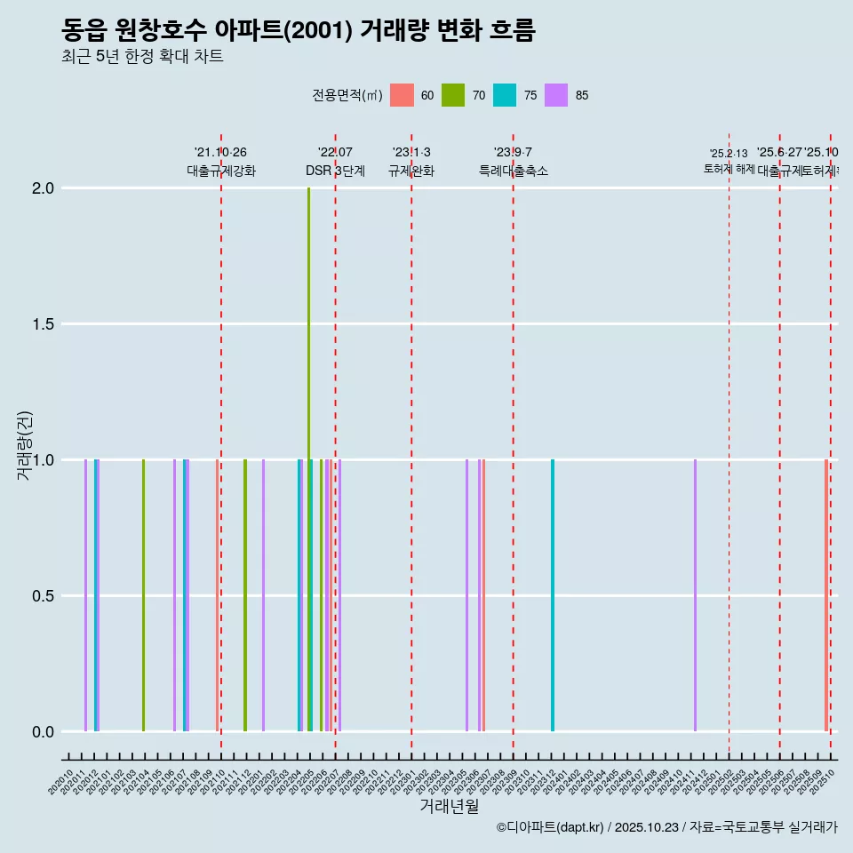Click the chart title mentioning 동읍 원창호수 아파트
tap(298, 31)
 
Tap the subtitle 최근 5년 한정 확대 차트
tap(142, 57)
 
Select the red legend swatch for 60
tap(402, 95)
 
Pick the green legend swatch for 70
tap(453, 95)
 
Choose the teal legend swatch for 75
tap(505, 95)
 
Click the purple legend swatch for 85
tap(556, 95)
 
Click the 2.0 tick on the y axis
tap(44, 188)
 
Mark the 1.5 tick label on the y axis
tap(44, 324)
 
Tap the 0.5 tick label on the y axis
tap(44, 596)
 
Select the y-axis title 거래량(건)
tap(24, 445)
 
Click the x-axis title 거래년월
tap(449, 806)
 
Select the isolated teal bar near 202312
tap(553, 595)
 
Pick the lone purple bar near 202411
tap(695, 595)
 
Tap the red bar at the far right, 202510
tap(825, 595)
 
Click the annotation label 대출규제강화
tap(221, 171)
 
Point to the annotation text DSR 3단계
tap(335, 171)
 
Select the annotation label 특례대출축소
tap(513, 171)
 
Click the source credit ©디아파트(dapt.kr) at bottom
tap(666, 827)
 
